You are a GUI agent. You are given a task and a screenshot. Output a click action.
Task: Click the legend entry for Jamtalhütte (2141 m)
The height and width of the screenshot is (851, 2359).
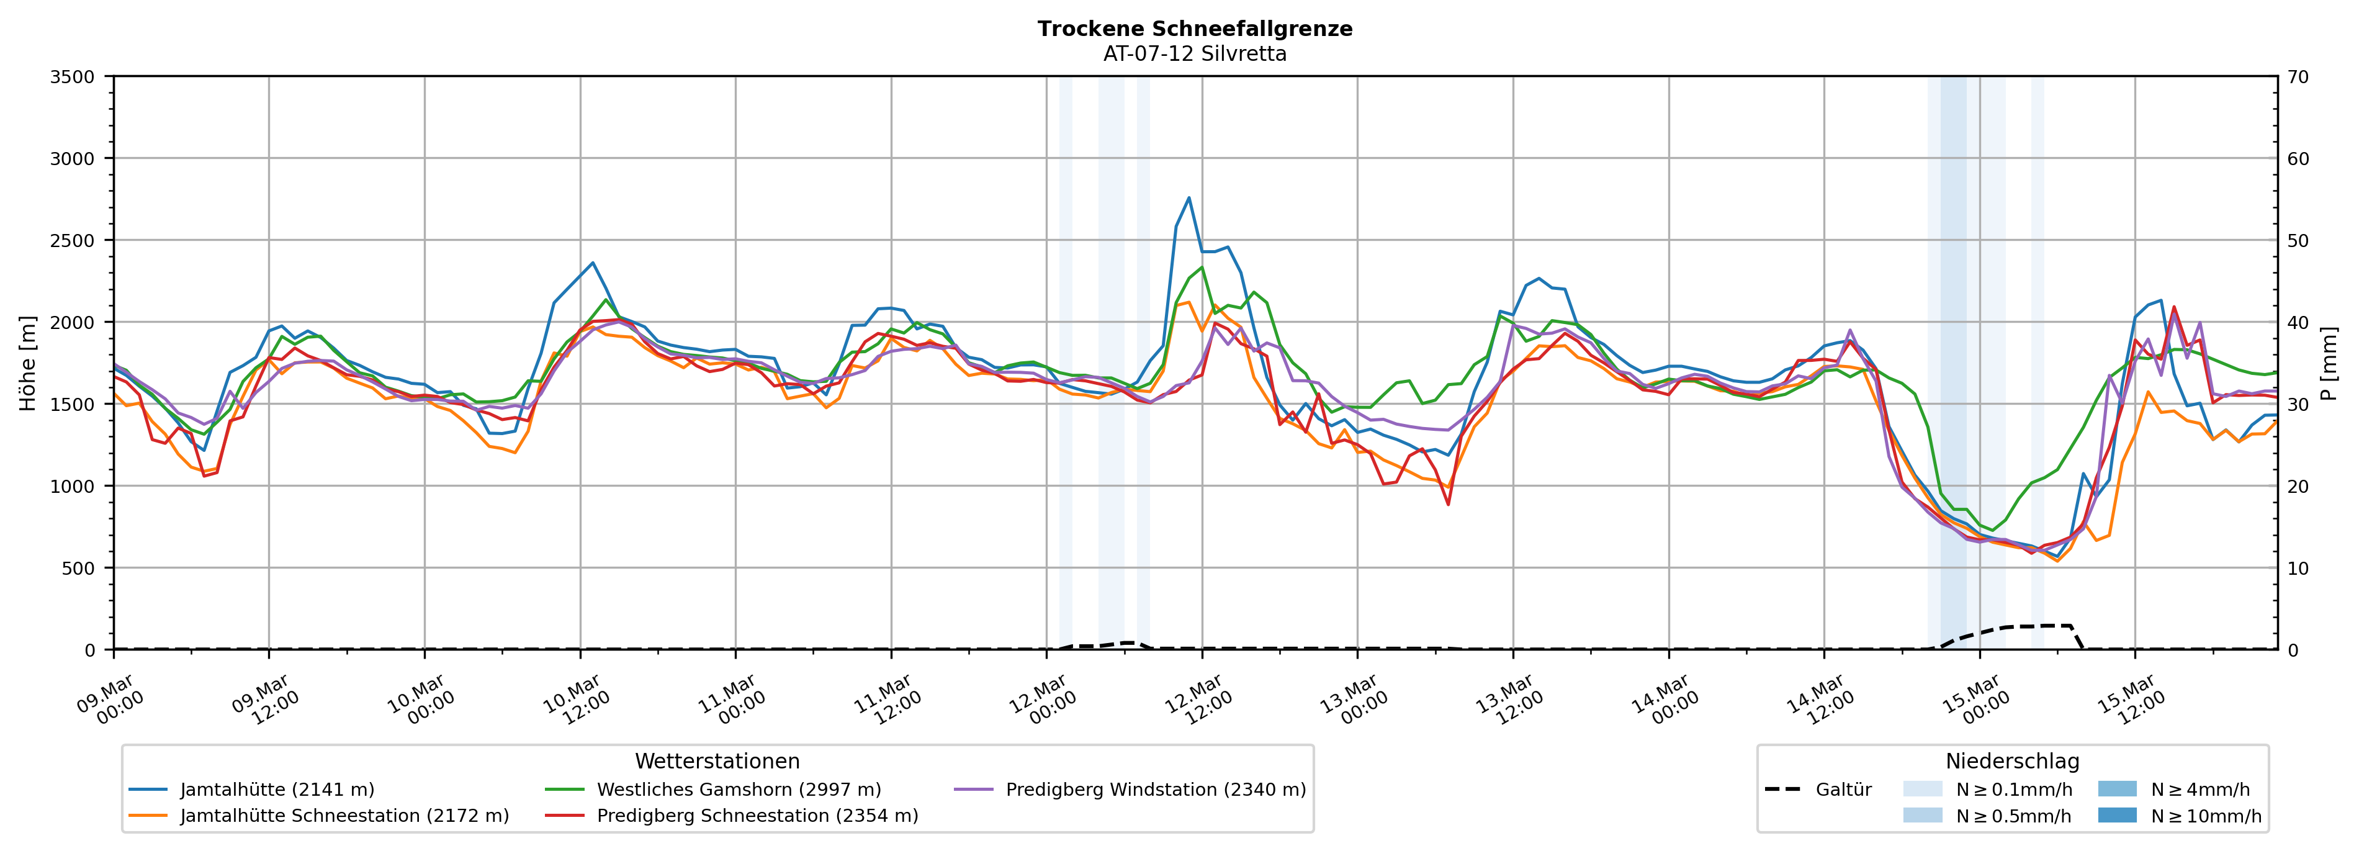coord(277,790)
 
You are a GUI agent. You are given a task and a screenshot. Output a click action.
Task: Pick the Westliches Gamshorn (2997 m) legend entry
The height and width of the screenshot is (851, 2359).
coord(738,790)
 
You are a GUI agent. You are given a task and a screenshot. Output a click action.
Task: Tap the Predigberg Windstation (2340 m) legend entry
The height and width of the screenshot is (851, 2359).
coord(1155,790)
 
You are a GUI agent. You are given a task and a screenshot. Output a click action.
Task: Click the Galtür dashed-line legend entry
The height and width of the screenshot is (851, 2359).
coord(1843,790)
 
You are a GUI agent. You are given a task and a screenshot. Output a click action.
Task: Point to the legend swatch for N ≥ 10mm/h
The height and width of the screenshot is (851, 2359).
coord(2117,815)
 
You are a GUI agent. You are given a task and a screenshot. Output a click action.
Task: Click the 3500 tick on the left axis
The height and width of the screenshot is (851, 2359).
coord(73,77)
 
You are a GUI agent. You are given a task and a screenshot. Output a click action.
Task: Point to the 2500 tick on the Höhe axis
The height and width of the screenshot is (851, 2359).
coord(73,241)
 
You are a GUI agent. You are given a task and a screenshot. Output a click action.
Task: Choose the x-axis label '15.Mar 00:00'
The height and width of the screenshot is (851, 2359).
coord(1975,701)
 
